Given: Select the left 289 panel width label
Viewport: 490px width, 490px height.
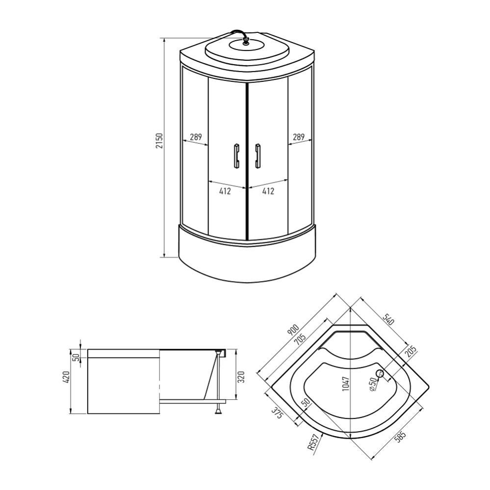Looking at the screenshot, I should pos(196,137).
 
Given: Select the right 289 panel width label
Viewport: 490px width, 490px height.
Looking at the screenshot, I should pos(299,137).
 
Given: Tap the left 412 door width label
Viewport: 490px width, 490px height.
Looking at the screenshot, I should pos(225,191).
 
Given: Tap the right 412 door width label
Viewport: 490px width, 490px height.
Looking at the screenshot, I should pos(268,191).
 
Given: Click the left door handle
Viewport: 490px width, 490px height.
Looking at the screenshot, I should pos(236,156).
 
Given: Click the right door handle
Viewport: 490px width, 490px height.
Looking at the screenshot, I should pos(257,156).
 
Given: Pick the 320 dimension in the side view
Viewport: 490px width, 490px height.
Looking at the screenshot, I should pos(241,377).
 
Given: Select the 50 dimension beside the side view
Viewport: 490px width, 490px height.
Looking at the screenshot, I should pos(76,354).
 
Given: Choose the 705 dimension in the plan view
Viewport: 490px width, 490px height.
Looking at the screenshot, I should pos(300,337).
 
